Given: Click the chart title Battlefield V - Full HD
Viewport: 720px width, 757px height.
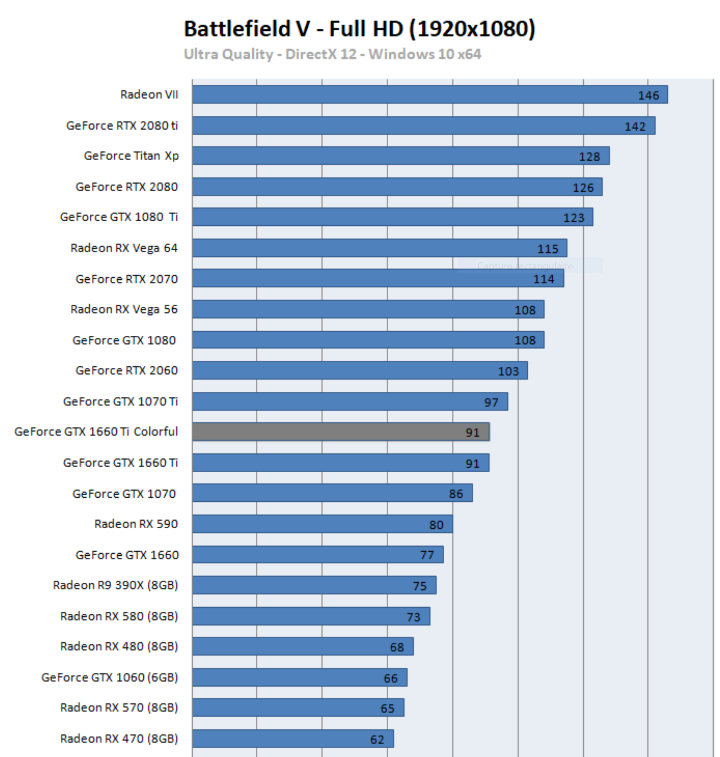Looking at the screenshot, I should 360,29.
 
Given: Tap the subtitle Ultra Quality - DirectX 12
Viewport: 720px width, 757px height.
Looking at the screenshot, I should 332,54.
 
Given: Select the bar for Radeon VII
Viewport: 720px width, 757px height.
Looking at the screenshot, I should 429,95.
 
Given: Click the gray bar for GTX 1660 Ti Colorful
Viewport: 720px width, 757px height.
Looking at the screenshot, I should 340,432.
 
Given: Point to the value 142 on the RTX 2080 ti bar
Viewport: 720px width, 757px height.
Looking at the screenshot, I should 635,127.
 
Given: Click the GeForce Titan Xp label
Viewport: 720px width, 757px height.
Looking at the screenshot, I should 131,156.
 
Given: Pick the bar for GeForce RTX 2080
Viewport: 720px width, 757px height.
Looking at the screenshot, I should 397,187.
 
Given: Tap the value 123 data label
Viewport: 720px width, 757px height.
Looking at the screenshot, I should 573,218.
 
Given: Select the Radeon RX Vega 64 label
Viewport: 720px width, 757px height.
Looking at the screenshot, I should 124,248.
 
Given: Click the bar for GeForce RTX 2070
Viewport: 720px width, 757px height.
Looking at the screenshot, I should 378,279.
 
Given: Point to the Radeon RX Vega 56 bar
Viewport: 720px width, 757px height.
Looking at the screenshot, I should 368,310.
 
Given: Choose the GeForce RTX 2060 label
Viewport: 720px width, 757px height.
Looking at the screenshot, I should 127,371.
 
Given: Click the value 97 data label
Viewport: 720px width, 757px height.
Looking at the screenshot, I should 491,403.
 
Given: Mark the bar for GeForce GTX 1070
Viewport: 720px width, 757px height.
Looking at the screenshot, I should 332,493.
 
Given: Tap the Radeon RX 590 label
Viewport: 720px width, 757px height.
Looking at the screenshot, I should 136,524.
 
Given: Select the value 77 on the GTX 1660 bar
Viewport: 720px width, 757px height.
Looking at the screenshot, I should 427,555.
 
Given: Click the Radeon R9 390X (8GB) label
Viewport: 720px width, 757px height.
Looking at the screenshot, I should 115,586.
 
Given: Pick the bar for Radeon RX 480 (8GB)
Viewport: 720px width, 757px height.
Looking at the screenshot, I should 303,647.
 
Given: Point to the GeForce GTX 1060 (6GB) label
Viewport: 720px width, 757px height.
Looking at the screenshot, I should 110,678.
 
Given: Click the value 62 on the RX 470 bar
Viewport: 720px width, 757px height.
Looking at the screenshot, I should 377,740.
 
